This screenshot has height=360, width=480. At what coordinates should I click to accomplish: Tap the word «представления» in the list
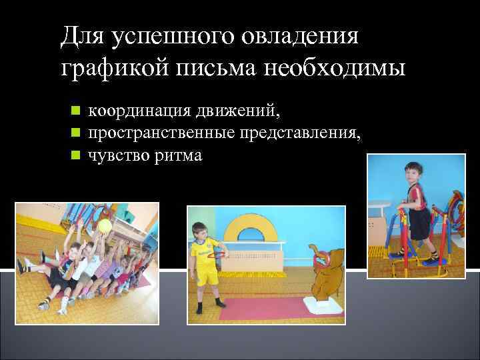297,133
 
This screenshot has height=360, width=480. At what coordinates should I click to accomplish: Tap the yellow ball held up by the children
105,227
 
